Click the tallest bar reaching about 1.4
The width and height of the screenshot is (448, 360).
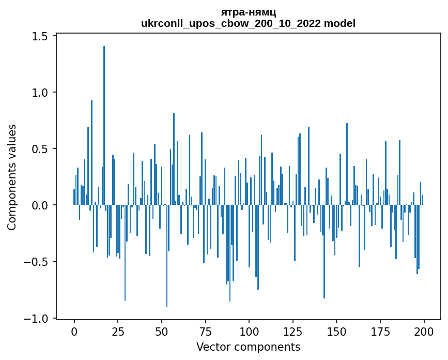[x=104, y=124]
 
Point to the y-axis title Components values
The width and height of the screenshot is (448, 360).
[x=11, y=177]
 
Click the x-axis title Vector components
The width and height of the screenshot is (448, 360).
[x=248, y=347]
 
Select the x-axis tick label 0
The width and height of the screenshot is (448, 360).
[x=74, y=331]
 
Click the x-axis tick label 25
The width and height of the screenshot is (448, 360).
[x=118, y=331]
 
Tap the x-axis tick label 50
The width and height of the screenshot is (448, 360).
[x=162, y=331]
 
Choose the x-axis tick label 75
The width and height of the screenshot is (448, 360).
[x=205, y=331]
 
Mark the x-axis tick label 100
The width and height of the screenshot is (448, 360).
[x=249, y=331]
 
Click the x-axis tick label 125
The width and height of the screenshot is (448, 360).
[x=293, y=331]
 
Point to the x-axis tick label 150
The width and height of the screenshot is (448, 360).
[x=336, y=331]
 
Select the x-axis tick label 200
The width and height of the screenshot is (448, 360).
[x=424, y=331]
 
